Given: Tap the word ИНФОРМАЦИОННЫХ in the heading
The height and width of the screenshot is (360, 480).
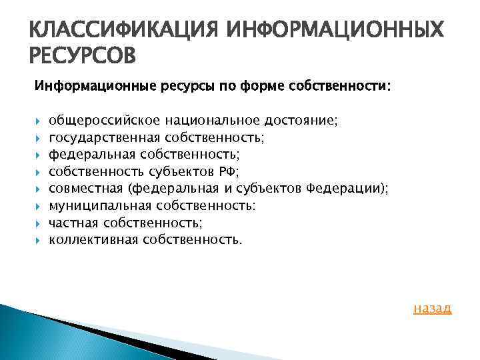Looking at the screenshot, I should pos(335,30).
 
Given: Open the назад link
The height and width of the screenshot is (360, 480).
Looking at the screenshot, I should pos(432,308).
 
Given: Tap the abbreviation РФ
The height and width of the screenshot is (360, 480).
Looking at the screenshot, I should pos(227,171).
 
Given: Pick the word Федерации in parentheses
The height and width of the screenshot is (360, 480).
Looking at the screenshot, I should pos(345,189).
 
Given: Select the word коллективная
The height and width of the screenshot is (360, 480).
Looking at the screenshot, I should pos(93,239).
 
